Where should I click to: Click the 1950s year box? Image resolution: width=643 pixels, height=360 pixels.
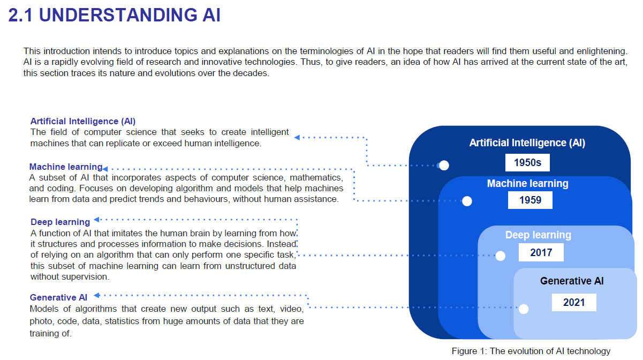pyautogui.click(x=527, y=163)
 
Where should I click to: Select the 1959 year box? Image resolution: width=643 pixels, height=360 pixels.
pyautogui.click(x=530, y=200)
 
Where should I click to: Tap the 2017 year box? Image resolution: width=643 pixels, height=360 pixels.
pyautogui.click(x=541, y=252)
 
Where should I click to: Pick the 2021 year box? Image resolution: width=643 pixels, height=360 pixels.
pyautogui.click(x=574, y=302)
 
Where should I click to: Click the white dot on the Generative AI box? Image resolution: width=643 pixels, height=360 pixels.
pyautogui.click(x=524, y=309)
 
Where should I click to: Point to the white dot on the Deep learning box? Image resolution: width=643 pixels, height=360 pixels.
pyautogui.click(x=500, y=256)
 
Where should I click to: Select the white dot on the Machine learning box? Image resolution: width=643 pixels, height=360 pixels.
pyautogui.click(x=467, y=201)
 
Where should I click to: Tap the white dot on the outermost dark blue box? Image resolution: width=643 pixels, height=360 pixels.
pyautogui.click(x=443, y=165)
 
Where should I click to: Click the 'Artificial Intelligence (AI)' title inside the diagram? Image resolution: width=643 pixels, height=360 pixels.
pyautogui.click(x=527, y=143)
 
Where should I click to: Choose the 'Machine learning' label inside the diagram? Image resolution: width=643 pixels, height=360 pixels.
pyautogui.click(x=527, y=184)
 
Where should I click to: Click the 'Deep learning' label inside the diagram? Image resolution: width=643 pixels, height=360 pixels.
pyautogui.click(x=538, y=235)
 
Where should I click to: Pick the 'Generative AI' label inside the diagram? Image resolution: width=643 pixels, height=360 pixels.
pyautogui.click(x=572, y=281)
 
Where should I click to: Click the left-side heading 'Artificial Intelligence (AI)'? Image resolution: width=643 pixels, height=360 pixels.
pyautogui.click(x=83, y=122)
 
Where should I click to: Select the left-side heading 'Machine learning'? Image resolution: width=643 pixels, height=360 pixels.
pyautogui.click(x=65, y=167)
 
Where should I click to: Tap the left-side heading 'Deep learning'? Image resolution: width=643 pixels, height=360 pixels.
pyautogui.click(x=60, y=222)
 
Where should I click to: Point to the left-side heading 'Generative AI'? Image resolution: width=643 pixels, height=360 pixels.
pyautogui.click(x=59, y=297)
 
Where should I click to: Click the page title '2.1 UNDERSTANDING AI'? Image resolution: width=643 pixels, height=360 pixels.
pyautogui.click(x=115, y=15)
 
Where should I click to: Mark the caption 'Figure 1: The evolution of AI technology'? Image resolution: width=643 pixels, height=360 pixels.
pyautogui.click(x=531, y=351)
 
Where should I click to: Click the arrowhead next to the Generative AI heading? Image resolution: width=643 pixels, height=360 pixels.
pyautogui.click(x=97, y=295)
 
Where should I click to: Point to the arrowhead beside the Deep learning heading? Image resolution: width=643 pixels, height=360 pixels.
pyautogui.click(x=97, y=219)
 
